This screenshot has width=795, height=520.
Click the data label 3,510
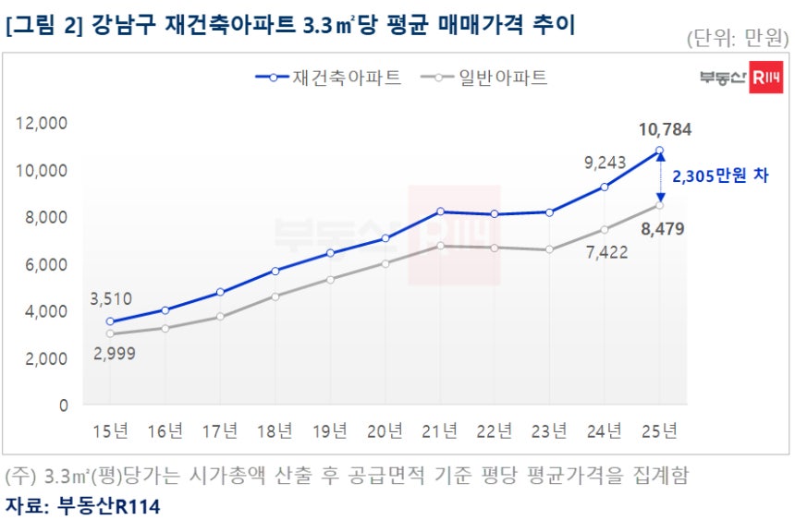[x=111, y=298]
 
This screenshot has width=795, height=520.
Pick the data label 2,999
[x=111, y=356]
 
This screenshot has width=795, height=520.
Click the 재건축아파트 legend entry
[x=328, y=78]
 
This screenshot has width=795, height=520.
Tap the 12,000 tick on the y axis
[x=43, y=124]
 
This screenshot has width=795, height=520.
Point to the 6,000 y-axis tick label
[x=46, y=264]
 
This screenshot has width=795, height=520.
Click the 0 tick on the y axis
[x=63, y=405]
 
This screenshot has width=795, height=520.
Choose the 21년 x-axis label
[x=439, y=431]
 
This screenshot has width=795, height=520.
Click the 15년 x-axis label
[x=110, y=431]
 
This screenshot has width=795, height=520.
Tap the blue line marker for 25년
[x=659, y=150]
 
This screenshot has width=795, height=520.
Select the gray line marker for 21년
[x=440, y=246]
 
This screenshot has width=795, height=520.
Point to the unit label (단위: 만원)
[x=738, y=38]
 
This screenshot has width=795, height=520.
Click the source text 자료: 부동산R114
[x=83, y=505]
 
